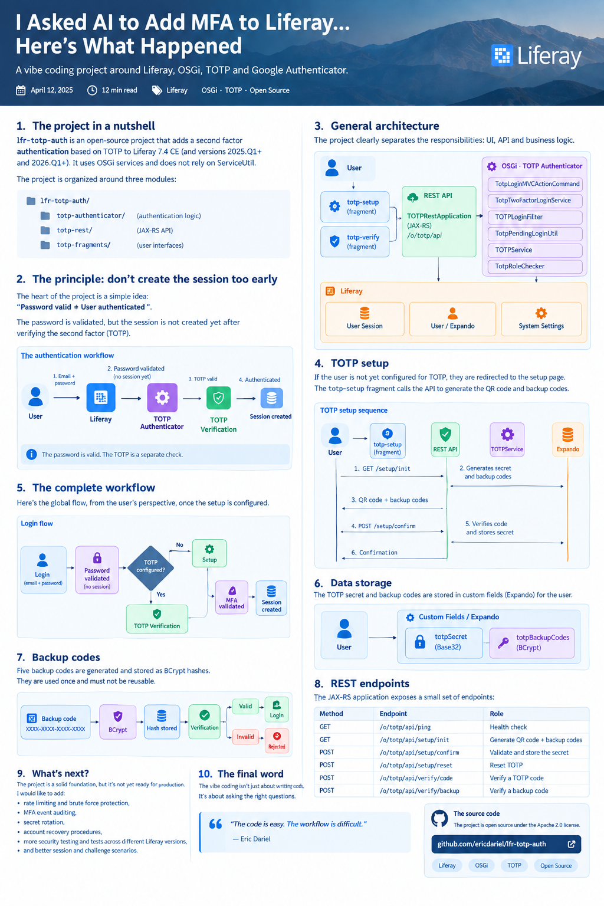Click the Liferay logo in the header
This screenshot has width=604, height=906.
coord(536,56)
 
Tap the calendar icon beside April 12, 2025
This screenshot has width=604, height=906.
coord(21,90)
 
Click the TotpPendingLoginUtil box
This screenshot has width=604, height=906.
coord(535,234)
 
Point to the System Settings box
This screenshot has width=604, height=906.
coord(541,319)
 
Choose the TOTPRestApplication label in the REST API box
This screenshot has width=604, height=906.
coord(439,216)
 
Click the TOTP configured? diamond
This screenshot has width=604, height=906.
coord(150,568)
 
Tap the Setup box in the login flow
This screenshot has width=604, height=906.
coord(209,553)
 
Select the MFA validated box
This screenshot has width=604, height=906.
coord(231,597)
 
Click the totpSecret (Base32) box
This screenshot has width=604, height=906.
coord(444,643)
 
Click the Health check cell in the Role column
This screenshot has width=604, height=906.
coord(508,727)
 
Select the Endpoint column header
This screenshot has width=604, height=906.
coord(393,714)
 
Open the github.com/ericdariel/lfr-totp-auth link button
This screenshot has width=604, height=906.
coord(506,843)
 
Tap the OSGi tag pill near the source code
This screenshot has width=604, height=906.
coord(481,865)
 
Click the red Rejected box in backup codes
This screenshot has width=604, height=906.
coord(277,741)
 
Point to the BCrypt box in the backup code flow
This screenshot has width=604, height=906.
coord(118,722)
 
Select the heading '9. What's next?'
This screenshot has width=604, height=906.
coord(52,773)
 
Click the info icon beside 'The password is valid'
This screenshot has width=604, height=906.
coord(31,454)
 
